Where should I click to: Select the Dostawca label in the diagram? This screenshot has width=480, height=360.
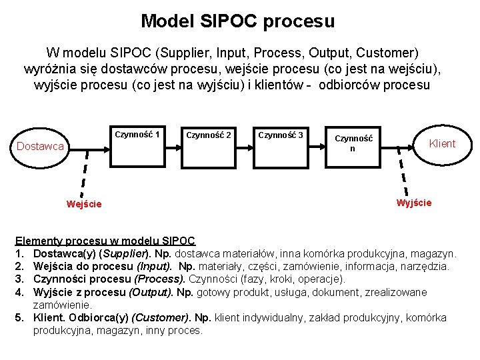[x=41, y=146]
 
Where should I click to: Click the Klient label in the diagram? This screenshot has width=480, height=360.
[x=442, y=143]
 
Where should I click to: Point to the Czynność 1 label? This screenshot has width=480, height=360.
[x=137, y=134]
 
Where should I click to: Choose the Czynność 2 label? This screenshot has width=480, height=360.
[x=209, y=135]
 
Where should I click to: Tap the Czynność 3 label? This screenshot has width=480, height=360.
[x=280, y=135]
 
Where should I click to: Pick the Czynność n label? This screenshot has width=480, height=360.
[x=354, y=143]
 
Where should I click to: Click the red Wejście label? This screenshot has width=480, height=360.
[x=84, y=204]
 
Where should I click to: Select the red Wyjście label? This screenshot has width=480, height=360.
[x=414, y=203]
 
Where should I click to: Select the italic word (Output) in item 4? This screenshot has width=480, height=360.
[x=152, y=293]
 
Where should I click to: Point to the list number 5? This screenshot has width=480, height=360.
[x=19, y=318]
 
